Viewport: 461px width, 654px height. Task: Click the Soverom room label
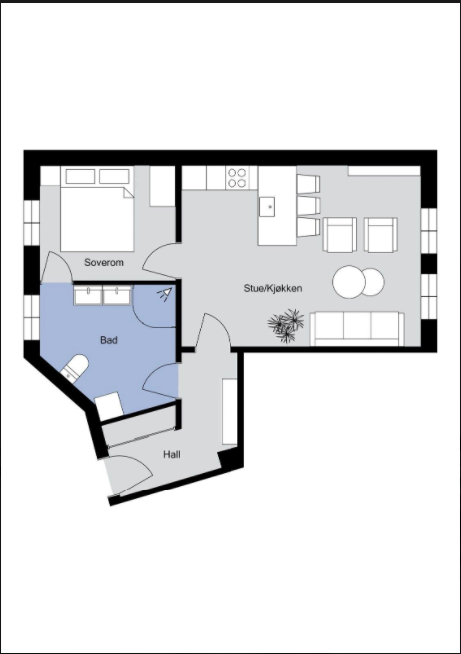[103, 263]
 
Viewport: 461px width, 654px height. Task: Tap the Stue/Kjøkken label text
[272, 288]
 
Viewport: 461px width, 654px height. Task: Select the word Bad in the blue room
[108, 340]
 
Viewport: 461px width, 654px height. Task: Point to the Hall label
[172, 455]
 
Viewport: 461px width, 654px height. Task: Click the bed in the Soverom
[96, 214]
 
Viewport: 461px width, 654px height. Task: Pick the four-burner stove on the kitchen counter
[237, 178]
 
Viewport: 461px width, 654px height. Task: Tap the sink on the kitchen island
[267, 206]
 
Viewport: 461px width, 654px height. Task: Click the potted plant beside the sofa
[287, 325]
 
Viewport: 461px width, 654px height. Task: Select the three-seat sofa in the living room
[356, 327]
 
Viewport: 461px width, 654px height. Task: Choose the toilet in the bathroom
[73, 369]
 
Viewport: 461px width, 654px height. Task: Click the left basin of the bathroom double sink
[87, 294]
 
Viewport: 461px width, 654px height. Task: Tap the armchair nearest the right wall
[381, 236]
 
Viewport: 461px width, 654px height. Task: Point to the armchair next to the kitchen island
[340, 236]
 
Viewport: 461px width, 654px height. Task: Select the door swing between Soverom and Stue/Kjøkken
[159, 263]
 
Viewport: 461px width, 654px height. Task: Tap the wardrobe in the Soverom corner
[162, 186]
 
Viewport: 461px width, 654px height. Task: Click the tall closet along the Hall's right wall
[230, 398]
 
